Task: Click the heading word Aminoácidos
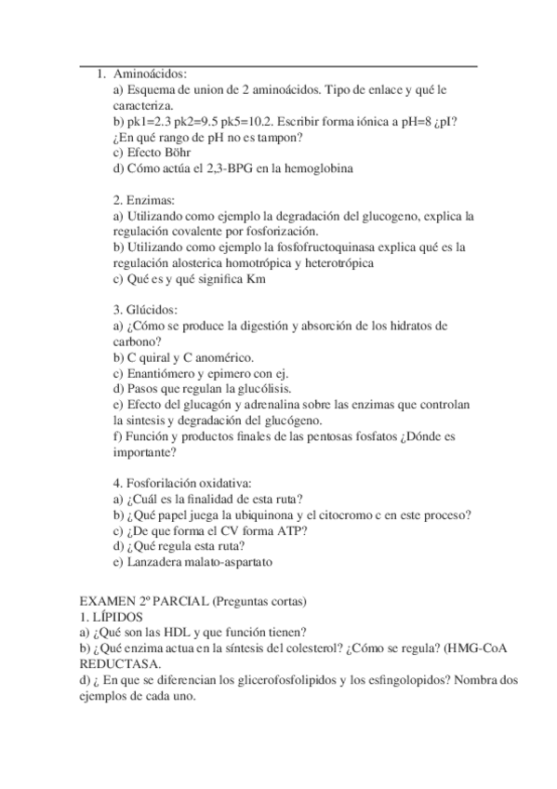point(151,74)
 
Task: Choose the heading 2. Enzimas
point(137,200)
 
